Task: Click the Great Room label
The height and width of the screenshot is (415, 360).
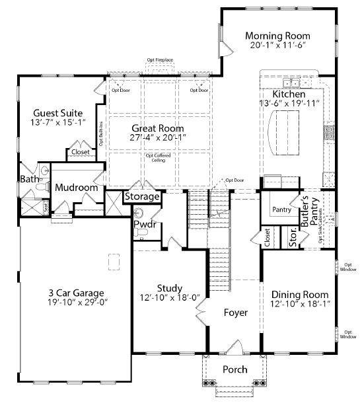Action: (157, 128)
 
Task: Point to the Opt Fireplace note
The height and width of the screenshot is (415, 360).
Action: (160, 60)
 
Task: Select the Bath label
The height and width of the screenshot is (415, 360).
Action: (29, 179)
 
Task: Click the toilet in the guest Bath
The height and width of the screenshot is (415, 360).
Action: (43, 188)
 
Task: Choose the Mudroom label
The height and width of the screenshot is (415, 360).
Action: (76, 188)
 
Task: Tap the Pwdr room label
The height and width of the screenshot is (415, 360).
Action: (144, 225)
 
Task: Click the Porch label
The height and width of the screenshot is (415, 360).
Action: (234, 369)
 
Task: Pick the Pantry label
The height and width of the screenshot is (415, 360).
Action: (281, 209)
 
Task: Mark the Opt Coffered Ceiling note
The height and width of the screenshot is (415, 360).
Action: (157, 158)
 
